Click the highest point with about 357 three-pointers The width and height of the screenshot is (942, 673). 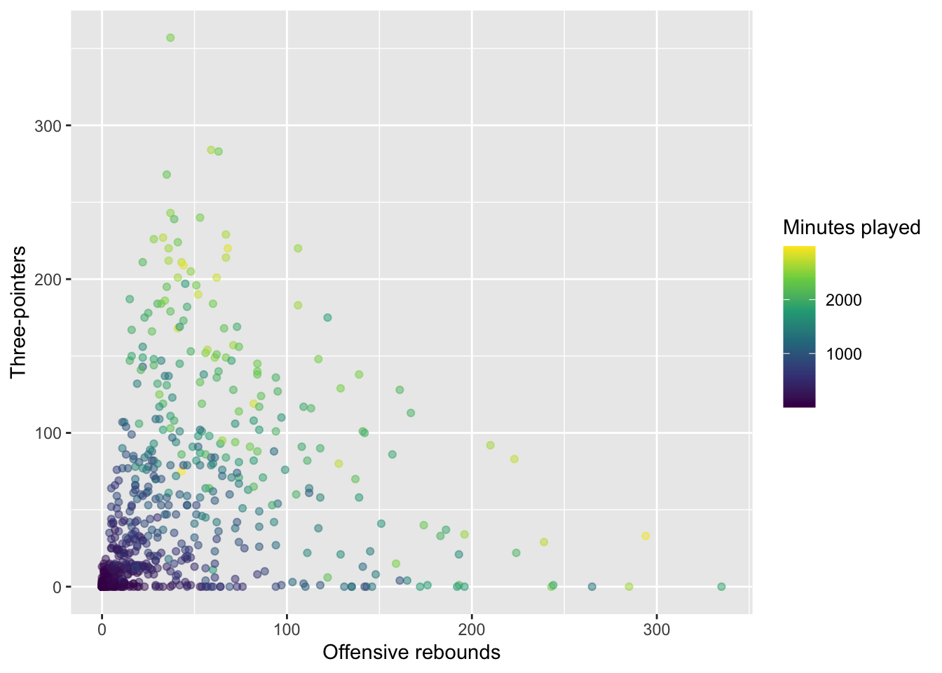click(170, 38)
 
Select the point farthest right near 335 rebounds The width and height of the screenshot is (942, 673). click(721, 587)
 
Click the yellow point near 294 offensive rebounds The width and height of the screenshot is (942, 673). click(646, 536)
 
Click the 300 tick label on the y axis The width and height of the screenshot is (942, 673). click(48, 125)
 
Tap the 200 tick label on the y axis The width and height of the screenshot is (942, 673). click(48, 279)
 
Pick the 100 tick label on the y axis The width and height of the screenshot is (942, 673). click(48, 433)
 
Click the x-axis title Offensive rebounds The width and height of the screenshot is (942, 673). click(411, 653)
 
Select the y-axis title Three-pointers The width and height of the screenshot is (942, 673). click(18, 312)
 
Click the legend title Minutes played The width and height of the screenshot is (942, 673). click(852, 227)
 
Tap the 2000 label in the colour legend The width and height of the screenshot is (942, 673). click(843, 300)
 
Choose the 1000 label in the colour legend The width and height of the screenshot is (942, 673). click(843, 354)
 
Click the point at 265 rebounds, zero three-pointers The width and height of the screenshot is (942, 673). click(592, 587)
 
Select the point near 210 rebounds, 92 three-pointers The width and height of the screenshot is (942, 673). click(491, 445)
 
